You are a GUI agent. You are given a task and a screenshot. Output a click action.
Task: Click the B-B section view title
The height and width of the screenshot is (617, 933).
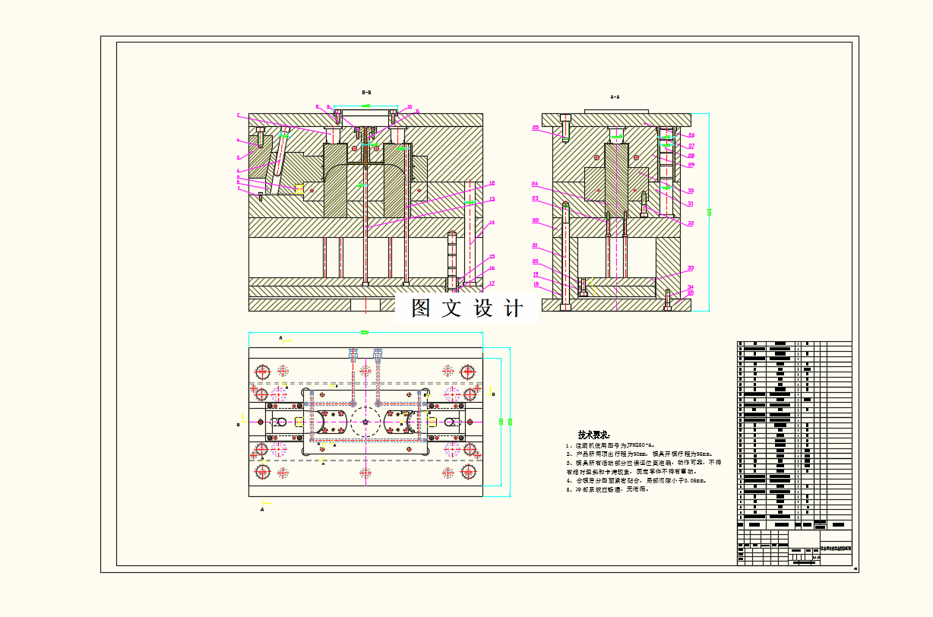(366, 92)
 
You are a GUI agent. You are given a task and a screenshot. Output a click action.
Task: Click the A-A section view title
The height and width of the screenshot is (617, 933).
(615, 97)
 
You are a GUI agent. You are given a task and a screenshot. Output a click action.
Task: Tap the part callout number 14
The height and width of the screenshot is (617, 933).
(492, 223)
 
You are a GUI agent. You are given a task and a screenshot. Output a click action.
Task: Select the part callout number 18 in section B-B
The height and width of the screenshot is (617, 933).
(492, 183)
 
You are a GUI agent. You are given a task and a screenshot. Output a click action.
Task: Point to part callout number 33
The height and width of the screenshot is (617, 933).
(691, 268)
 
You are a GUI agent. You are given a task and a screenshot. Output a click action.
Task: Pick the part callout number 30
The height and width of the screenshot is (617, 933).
(691, 191)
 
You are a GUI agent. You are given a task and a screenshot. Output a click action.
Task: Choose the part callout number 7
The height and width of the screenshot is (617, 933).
(238, 115)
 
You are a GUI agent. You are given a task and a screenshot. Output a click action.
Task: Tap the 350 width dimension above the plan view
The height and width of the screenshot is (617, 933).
(365, 332)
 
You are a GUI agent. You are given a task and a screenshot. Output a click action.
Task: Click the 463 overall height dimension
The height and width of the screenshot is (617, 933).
(710, 213)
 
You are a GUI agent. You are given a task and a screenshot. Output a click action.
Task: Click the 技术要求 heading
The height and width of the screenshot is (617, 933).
(593, 435)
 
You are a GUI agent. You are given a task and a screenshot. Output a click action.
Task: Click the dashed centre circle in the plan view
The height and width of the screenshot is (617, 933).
(365, 422)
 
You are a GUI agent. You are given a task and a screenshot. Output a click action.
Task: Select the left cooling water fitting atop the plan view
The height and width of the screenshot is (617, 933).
(353, 355)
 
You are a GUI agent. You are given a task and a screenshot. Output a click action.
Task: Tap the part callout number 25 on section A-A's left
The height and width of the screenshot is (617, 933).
(535, 128)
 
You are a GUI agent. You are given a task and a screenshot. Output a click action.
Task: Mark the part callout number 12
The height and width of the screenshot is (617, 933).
(492, 200)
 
